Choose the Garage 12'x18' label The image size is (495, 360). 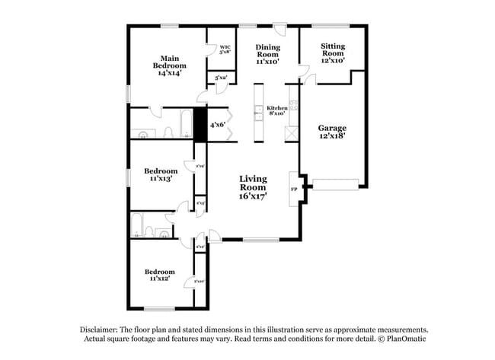click(332, 132)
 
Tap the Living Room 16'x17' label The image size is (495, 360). click(253, 187)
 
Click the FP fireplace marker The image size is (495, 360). click(293, 189)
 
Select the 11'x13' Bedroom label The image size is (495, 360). click(161, 175)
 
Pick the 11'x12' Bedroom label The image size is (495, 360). click(160, 275)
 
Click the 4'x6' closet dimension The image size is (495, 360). click(218, 125)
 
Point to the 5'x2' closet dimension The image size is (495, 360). click(221, 78)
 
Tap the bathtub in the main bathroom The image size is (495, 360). click(187, 122)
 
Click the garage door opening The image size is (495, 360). click(335, 183)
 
